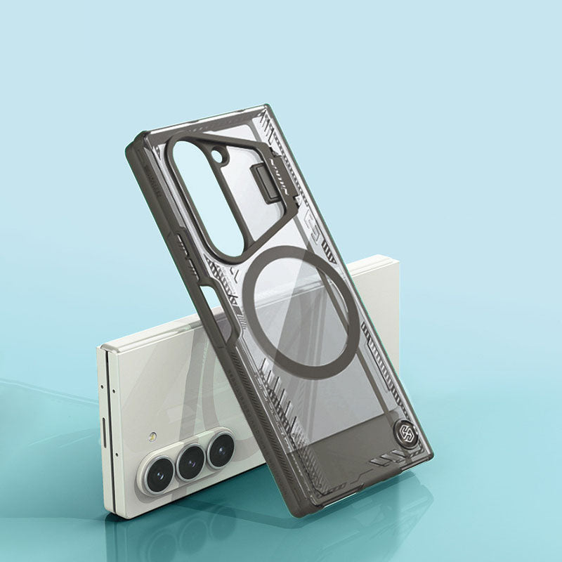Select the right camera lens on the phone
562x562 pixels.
pos(221,447)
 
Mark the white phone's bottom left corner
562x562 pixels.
pos(107,511)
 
